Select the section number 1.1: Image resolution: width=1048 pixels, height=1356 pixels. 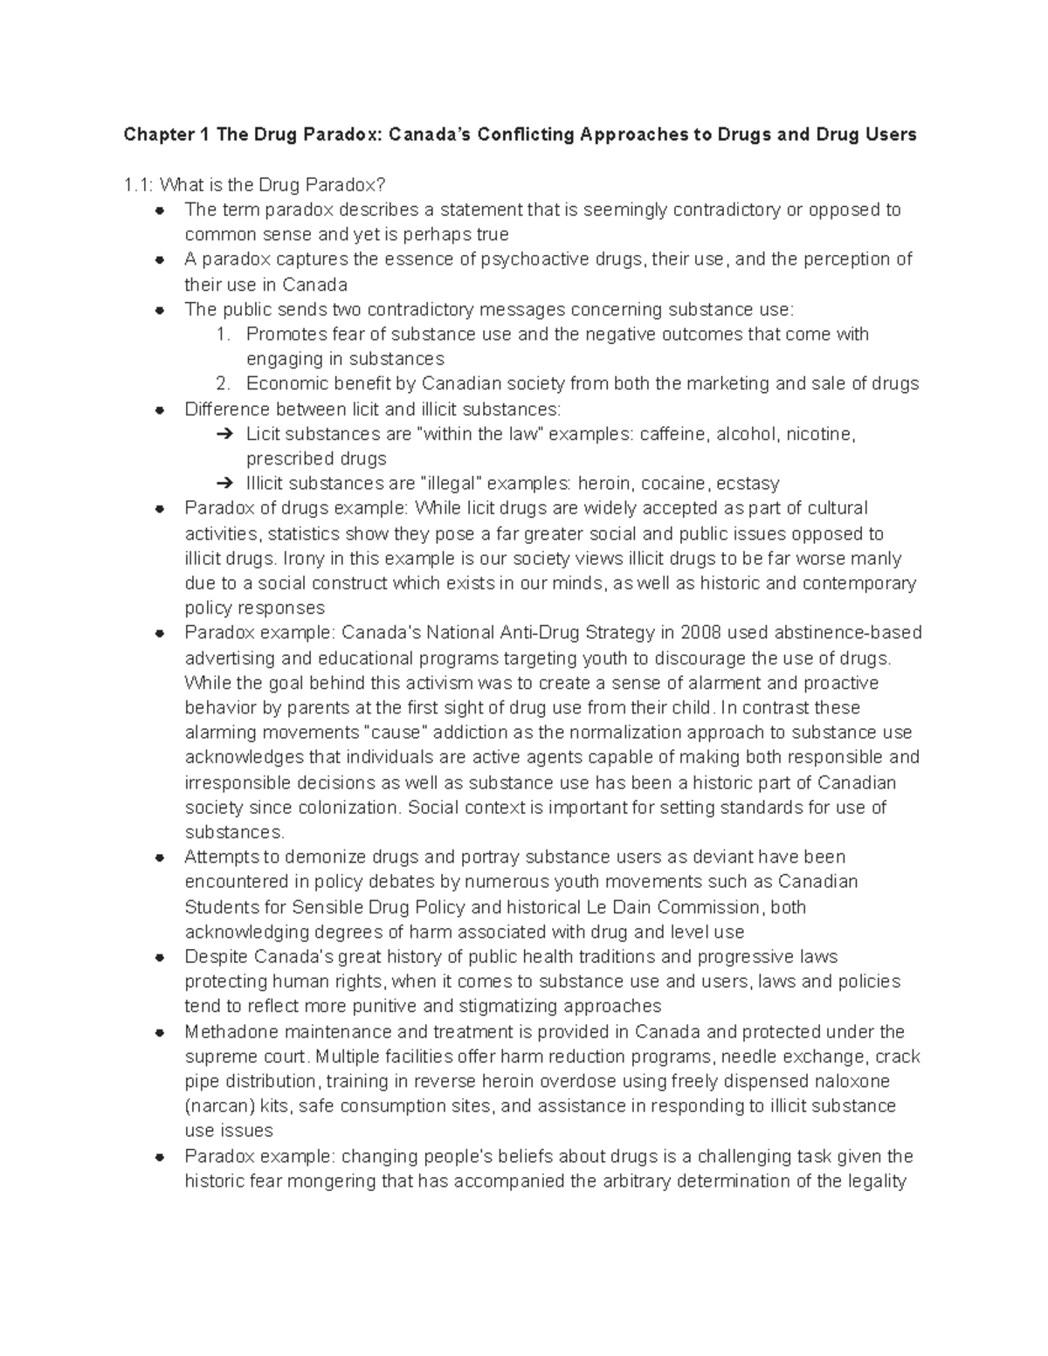[x=138, y=184]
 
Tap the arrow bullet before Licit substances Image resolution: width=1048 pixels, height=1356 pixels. [x=224, y=434]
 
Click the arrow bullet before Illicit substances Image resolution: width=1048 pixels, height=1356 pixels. [x=224, y=484]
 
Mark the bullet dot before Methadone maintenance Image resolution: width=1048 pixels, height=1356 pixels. [x=160, y=1032]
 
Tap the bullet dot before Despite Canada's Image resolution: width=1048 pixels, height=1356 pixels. [x=160, y=957]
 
